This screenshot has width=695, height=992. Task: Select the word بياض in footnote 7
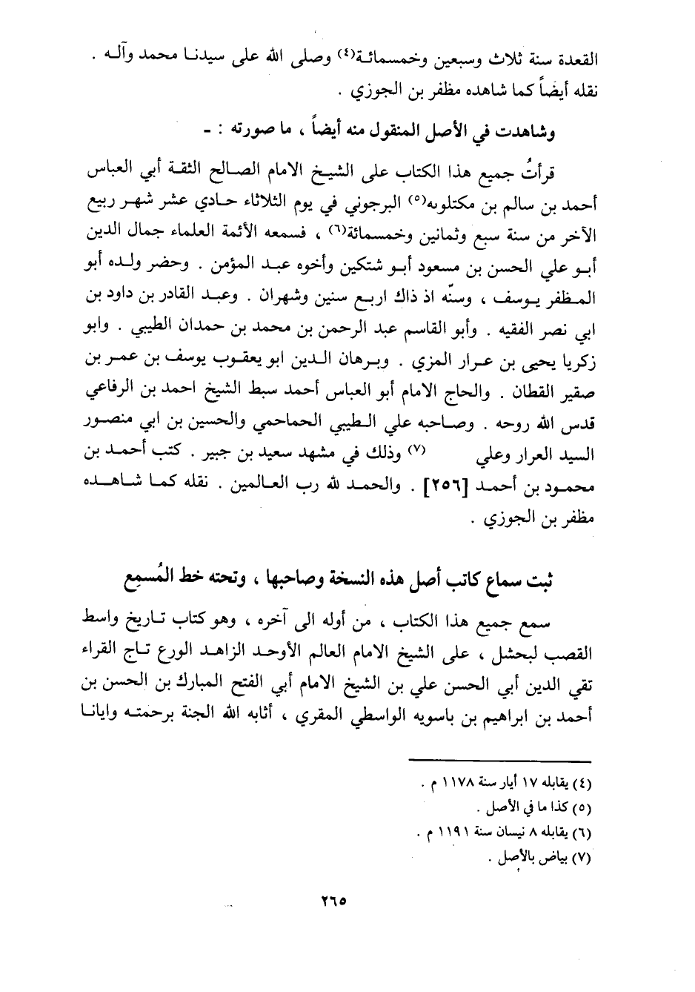point(573,862)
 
